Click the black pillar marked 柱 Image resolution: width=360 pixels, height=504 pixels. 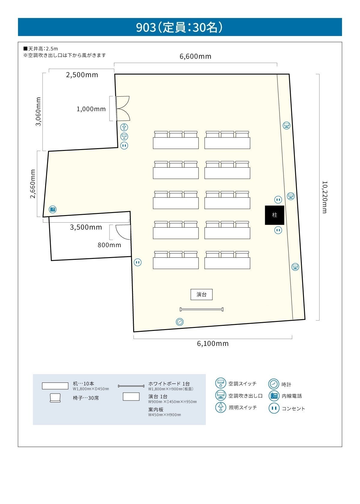274,215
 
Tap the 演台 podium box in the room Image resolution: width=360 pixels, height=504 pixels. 201,294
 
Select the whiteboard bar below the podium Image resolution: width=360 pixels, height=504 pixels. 201,309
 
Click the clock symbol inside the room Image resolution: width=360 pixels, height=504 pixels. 179,322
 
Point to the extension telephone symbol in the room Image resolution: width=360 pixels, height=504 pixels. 53,209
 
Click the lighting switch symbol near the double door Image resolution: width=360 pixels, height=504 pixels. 124,127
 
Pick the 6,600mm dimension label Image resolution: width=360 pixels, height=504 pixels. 195,56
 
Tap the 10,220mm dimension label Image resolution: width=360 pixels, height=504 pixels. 324,197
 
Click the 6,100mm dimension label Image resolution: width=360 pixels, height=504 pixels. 213,343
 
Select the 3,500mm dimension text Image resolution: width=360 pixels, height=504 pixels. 86,227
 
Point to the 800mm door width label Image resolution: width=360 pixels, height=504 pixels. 109,245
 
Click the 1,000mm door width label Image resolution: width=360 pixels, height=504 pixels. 91,109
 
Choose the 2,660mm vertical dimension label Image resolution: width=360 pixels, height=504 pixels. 33,184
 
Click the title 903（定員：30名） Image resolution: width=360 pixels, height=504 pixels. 179,27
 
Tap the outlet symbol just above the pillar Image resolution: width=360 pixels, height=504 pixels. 278,199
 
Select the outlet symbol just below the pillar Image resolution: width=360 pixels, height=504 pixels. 278,230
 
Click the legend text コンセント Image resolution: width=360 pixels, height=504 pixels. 293,409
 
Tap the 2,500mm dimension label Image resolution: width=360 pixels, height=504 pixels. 82,75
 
